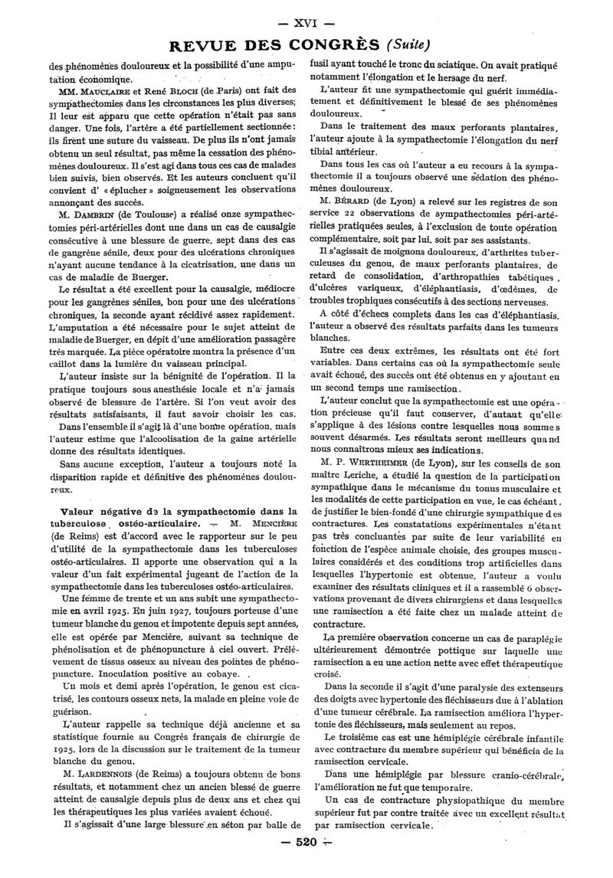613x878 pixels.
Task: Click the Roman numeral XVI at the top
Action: [x=306, y=15]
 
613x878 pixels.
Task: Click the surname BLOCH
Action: [x=192, y=93]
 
